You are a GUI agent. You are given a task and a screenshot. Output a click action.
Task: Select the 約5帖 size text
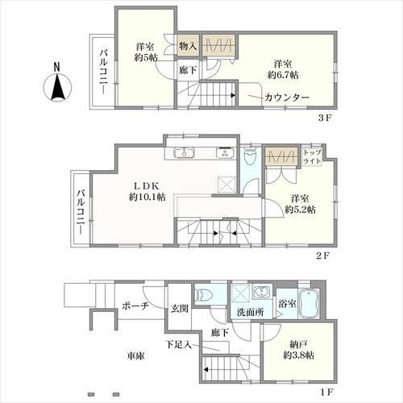click(148, 57)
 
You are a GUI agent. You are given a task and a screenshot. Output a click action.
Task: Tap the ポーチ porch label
click(136, 306)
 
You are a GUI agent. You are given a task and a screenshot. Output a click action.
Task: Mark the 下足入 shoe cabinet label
click(179, 344)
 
